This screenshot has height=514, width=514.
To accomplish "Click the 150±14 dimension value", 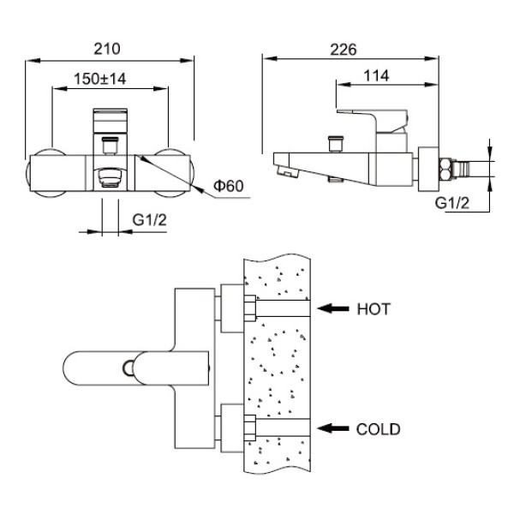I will pos(101,78).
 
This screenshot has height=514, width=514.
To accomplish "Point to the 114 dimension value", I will pos(376,76).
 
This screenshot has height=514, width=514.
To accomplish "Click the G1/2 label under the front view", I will pos(150,221).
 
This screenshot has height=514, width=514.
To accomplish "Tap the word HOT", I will pos(374,309).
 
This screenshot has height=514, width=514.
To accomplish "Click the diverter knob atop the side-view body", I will pos(332,140).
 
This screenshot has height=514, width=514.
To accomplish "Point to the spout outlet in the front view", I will pos(110,177).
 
